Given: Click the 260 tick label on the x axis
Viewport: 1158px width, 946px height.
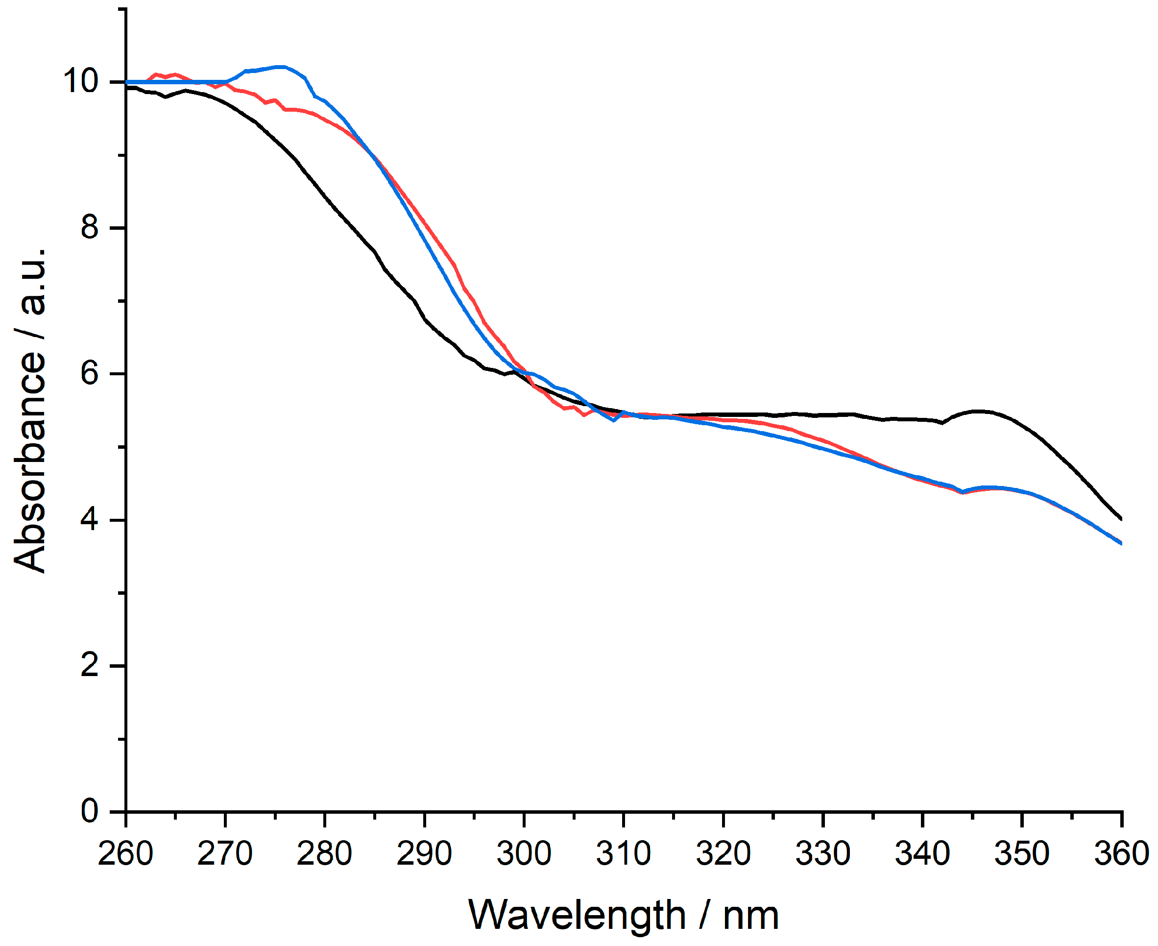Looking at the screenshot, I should tap(125, 854).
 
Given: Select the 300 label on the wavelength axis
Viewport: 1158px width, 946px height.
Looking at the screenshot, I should tap(524, 854).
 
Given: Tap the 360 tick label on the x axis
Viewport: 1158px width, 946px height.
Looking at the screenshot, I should tap(1121, 854).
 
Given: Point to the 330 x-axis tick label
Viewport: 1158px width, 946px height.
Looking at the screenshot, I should tap(822, 854).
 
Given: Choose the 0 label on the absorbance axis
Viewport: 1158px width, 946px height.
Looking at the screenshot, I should tap(90, 811).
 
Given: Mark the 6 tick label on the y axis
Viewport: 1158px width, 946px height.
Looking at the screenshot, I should tap(90, 374).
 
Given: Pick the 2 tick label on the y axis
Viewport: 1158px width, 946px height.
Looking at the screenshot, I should tap(90, 665).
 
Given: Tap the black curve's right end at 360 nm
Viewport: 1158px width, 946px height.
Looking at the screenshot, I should tap(1120, 519).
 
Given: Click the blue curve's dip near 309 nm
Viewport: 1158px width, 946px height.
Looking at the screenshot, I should tap(614, 420).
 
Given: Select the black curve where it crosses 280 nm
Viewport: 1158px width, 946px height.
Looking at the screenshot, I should tap(325, 195).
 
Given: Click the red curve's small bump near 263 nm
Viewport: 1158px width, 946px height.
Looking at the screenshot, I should tap(156, 74).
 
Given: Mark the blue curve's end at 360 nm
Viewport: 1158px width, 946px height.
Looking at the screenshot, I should tap(1120, 543).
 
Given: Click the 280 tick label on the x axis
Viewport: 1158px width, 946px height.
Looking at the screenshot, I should tap(324, 854).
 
